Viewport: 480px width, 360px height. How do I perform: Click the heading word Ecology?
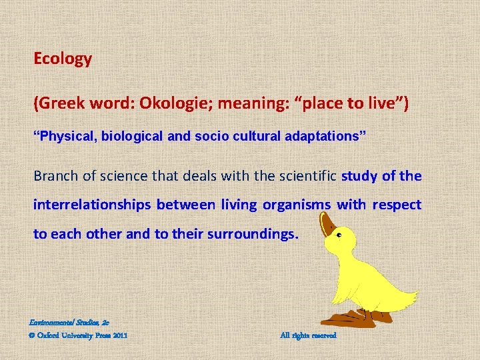[63, 59]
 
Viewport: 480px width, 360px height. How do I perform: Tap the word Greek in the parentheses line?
[60, 104]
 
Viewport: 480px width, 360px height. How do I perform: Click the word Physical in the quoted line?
[65, 137]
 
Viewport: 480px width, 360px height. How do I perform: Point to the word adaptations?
[323, 137]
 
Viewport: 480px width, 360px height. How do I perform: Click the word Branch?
[56, 176]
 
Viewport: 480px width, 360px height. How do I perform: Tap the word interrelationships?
[92, 205]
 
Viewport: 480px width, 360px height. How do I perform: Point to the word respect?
[397, 205]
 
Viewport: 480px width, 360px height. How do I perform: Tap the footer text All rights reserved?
[308, 335]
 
